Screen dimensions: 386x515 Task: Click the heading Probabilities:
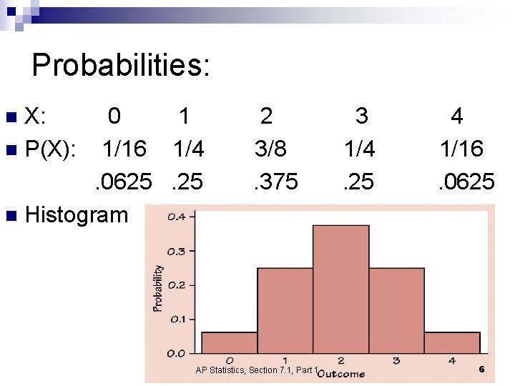click(121, 66)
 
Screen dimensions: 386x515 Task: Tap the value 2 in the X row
click(266, 116)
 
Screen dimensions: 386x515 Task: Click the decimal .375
click(276, 182)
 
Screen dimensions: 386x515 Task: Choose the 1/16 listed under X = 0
click(124, 149)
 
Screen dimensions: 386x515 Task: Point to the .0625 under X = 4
click(466, 182)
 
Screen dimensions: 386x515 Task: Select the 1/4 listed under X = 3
click(359, 149)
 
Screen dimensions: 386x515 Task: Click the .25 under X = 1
click(187, 182)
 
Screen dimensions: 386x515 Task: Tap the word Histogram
click(77, 214)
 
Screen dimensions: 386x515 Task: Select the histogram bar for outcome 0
click(229, 342)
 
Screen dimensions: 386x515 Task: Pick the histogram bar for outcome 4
click(452, 342)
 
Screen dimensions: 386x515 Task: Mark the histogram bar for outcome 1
click(285, 311)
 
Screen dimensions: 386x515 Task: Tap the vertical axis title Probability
click(157, 288)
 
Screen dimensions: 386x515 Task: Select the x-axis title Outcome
click(342, 373)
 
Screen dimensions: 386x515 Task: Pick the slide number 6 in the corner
click(481, 370)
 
